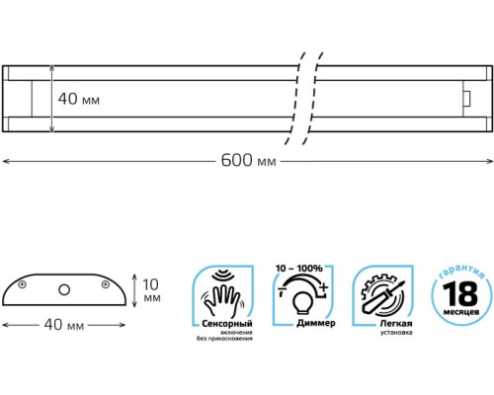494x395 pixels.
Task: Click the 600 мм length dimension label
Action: pos(248,161)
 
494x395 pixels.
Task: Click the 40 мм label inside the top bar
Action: pos(79,99)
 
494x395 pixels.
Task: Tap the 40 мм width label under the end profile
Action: pos(64,325)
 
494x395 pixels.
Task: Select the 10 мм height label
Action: pos(151,290)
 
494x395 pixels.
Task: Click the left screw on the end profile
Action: pos(22,284)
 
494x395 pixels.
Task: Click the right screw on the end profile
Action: pos(106,284)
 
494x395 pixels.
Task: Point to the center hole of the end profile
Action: pos(64,290)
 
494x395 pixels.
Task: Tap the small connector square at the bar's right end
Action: pos(466,99)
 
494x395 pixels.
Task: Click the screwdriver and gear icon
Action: pos(382,295)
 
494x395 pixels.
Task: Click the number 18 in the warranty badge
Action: pos(460,294)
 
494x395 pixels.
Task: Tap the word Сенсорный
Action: pos(227,324)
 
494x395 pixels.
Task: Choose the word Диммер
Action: pos(316,323)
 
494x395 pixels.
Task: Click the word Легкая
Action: pos(396,324)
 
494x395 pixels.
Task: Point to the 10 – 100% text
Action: pos(299,269)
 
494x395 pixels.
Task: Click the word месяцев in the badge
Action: pos(461,312)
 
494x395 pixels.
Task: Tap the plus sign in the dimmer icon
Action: pos(324,287)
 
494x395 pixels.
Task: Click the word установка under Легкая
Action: pos(396,333)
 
